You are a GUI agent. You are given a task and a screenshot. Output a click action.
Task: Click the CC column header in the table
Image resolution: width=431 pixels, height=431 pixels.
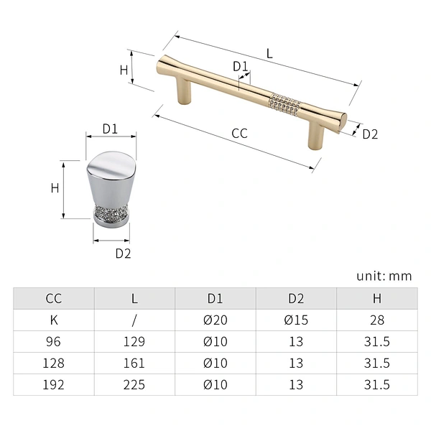tap(54, 299)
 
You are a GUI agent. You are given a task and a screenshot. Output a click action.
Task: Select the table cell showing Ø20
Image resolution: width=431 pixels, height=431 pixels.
tap(215, 320)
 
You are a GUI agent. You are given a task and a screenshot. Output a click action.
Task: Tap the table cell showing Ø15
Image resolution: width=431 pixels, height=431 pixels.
tap(296, 320)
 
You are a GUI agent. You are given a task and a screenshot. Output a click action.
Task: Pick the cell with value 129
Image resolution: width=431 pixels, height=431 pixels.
tap(134, 342)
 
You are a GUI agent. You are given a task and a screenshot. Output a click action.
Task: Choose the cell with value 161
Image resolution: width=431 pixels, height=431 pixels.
tap(134, 363)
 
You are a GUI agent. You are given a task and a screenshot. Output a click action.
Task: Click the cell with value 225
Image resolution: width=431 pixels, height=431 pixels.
tap(134, 384)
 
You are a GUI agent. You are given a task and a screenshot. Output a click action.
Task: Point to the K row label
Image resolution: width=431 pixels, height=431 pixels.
tap(54, 320)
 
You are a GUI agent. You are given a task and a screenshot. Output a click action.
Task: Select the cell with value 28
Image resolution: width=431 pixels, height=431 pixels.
tap(377, 320)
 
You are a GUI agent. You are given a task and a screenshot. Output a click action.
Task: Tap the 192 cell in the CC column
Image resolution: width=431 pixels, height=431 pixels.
tap(54, 384)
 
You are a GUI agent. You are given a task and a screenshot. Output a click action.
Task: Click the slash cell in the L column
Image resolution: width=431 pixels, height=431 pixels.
tap(134, 320)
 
